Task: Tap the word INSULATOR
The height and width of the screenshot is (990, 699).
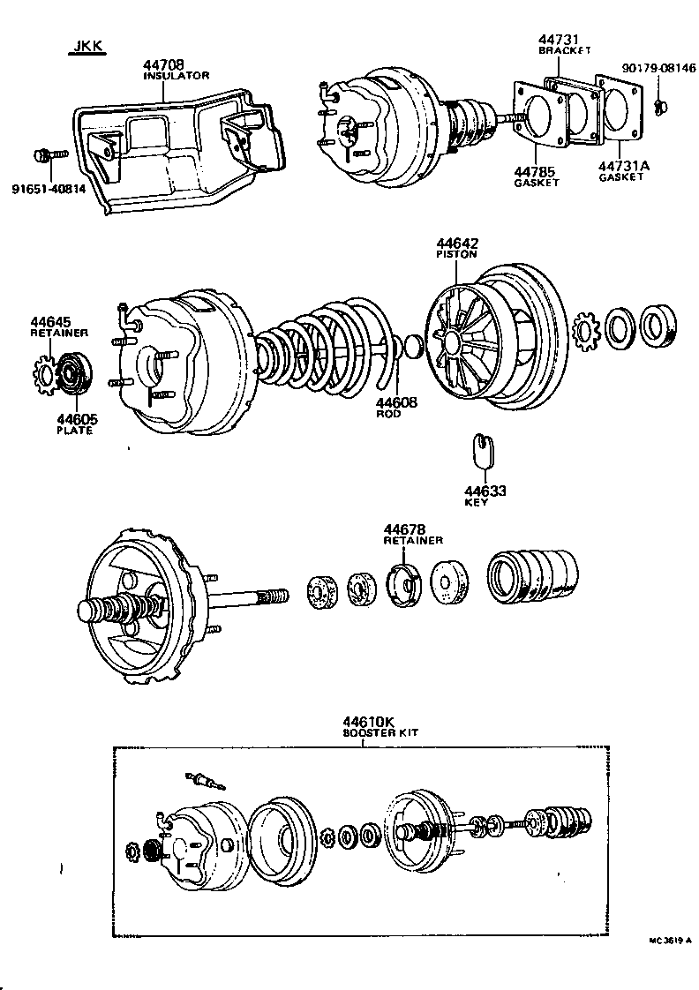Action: pyautogui.click(x=176, y=76)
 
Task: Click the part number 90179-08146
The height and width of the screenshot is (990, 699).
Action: pyautogui.click(x=658, y=66)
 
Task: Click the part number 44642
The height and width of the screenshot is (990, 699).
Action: pyautogui.click(x=455, y=242)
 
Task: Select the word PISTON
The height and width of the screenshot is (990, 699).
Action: pyautogui.click(x=455, y=254)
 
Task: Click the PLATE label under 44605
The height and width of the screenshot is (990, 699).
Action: pyautogui.click(x=75, y=431)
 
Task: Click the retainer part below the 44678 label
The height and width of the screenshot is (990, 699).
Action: pyautogui.click(x=405, y=584)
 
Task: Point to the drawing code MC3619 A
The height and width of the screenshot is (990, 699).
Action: pyautogui.click(x=670, y=941)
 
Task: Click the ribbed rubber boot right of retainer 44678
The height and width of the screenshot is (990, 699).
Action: pyautogui.click(x=532, y=576)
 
